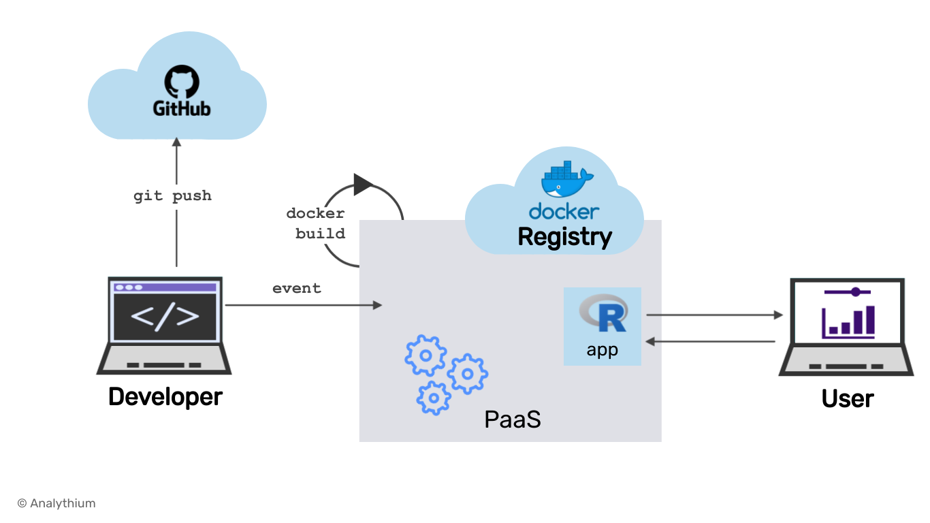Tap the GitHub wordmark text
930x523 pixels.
182,108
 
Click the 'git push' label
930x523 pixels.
172,196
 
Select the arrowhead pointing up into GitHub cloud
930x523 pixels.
176,142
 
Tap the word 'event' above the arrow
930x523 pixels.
297,288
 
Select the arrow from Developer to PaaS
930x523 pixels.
303,305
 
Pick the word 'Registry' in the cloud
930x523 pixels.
564,237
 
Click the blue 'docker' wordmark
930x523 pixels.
564,211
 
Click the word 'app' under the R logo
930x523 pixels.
602,351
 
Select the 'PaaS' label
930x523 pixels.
513,419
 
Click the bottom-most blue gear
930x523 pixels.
434,398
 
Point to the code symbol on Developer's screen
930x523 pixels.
165,317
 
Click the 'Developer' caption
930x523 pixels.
165,396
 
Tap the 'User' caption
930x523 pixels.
847,398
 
